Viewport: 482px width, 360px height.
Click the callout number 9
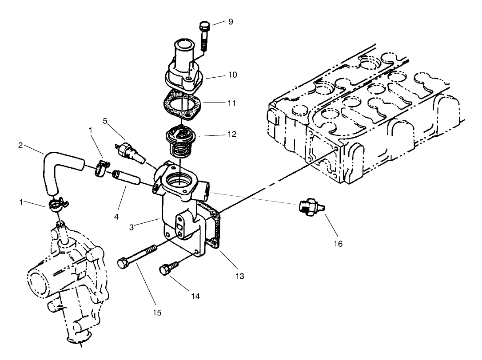pos(230,21)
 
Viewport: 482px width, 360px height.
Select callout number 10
pos(233,75)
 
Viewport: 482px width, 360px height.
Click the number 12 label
pos(232,134)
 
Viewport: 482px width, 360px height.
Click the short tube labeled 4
pos(127,177)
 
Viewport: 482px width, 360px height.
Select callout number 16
pos(339,243)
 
